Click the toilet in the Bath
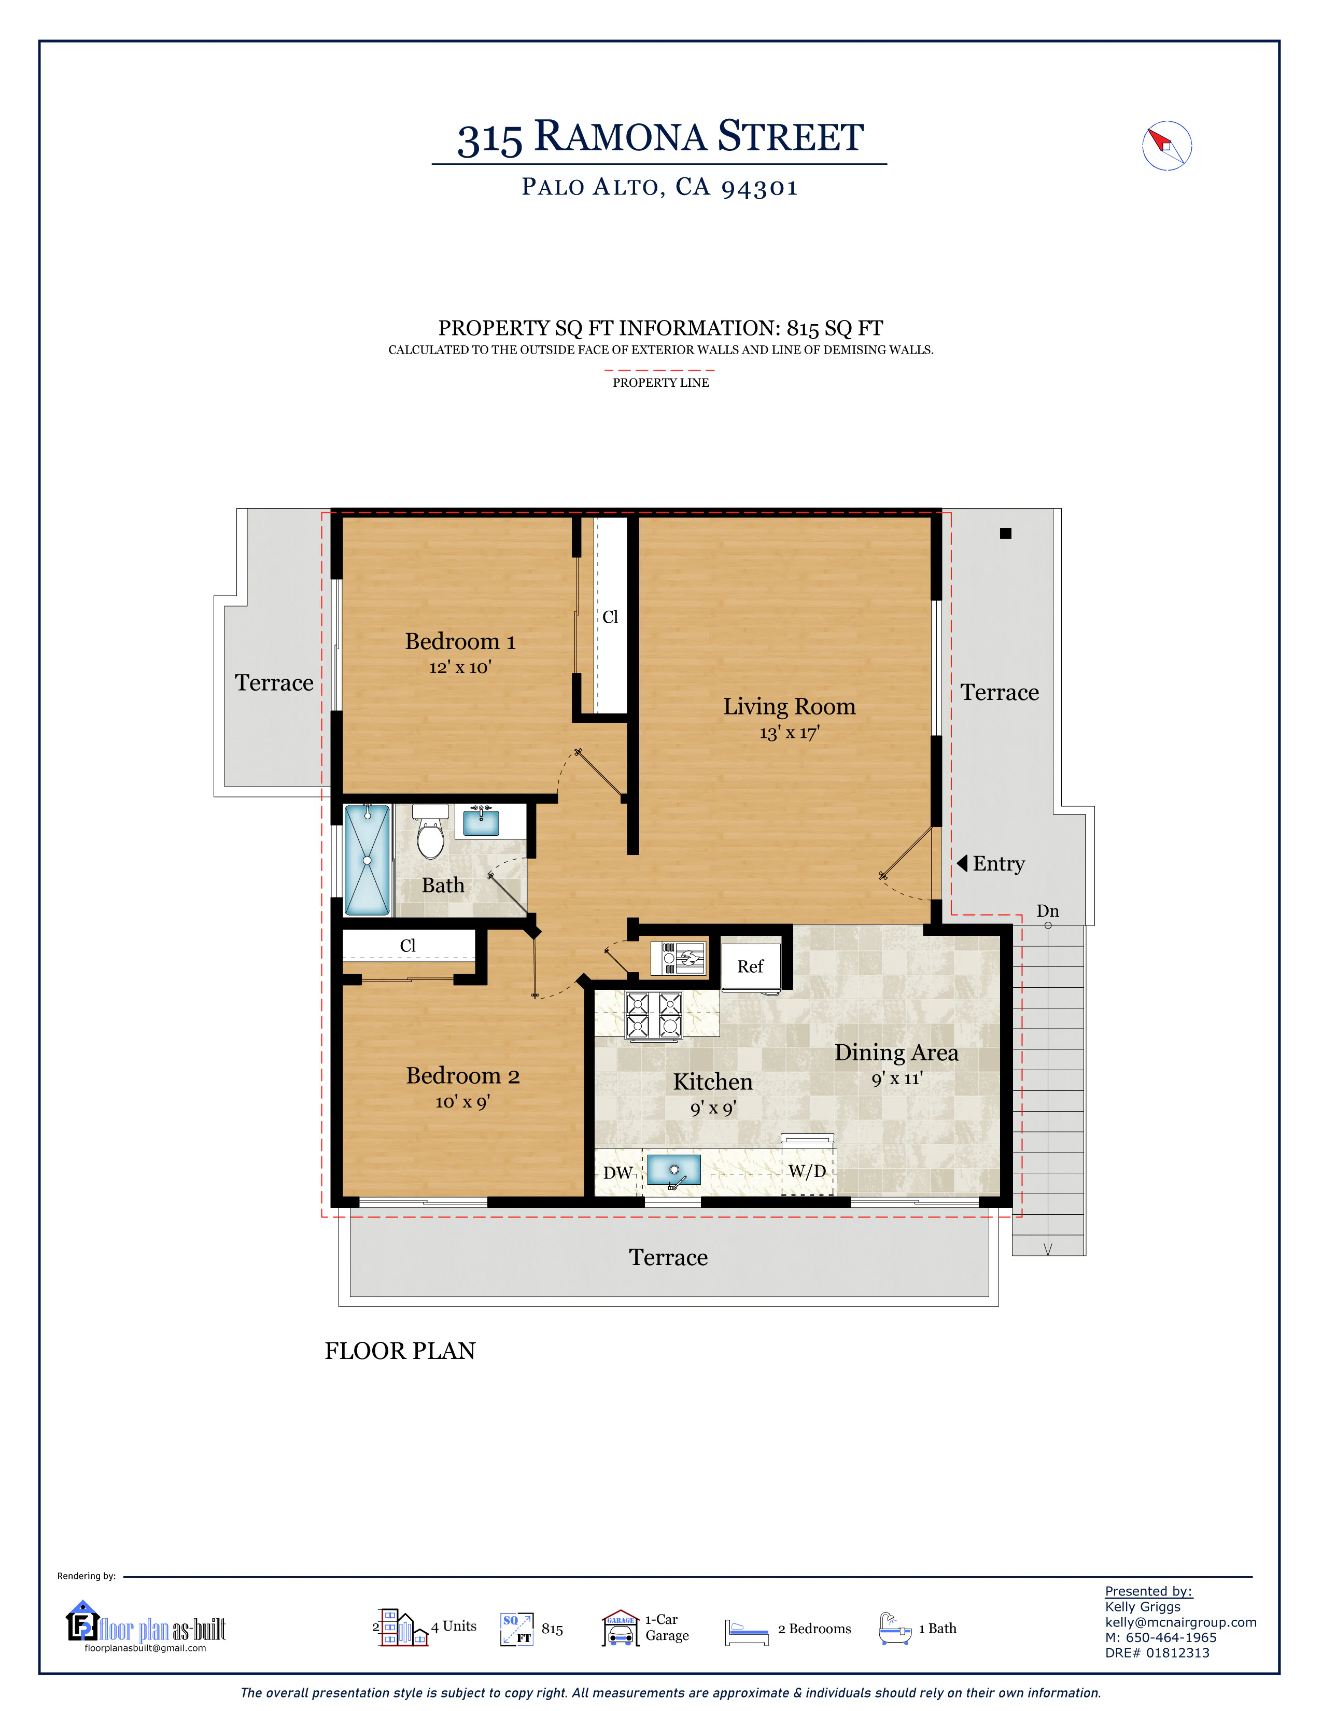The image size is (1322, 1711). click(430, 832)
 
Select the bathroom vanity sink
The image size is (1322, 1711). click(481, 821)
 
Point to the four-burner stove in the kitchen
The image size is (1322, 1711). click(653, 1015)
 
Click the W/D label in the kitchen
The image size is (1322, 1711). click(807, 1171)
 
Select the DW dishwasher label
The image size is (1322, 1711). click(618, 1173)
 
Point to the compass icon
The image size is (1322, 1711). click(1166, 146)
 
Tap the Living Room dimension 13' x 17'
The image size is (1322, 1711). click(789, 733)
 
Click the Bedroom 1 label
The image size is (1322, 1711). click(460, 642)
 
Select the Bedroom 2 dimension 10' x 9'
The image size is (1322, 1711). click(462, 1102)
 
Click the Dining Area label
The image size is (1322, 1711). click(896, 1052)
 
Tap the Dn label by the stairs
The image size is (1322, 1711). click(1047, 911)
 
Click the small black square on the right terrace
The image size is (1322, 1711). click(1006, 534)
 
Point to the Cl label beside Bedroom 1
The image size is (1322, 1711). click(610, 618)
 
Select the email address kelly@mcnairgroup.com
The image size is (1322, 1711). click(1180, 1622)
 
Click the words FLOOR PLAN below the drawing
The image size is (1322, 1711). click(400, 1351)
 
